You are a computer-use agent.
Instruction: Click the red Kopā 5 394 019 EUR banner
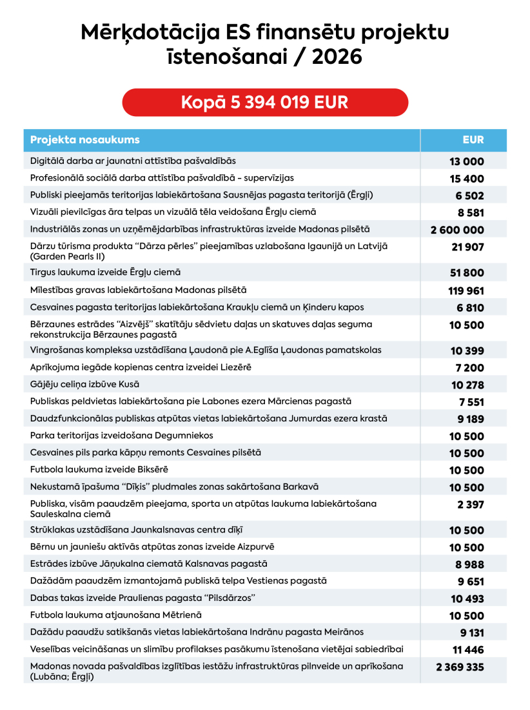coord(265,103)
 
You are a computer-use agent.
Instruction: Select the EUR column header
coord(473,140)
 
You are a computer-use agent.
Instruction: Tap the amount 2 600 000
coord(457,230)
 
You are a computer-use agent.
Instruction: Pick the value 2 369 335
coord(460,667)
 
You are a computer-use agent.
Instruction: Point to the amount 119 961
coord(466,291)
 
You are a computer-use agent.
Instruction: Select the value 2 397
coord(471,505)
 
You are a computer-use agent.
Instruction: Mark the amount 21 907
coord(469,247)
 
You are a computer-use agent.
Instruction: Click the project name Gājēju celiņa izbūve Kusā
coord(86,385)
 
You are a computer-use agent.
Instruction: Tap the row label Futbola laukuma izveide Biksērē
coord(99,469)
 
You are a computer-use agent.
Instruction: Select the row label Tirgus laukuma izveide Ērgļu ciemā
coord(106,273)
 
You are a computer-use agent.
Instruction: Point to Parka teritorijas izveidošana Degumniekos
coord(122,436)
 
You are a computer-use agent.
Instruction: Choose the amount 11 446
coord(467,650)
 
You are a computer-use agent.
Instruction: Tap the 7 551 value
coord(471,402)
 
